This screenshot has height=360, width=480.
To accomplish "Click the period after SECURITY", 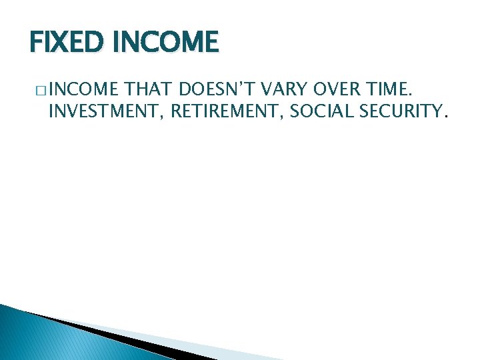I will (x=446, y=117).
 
